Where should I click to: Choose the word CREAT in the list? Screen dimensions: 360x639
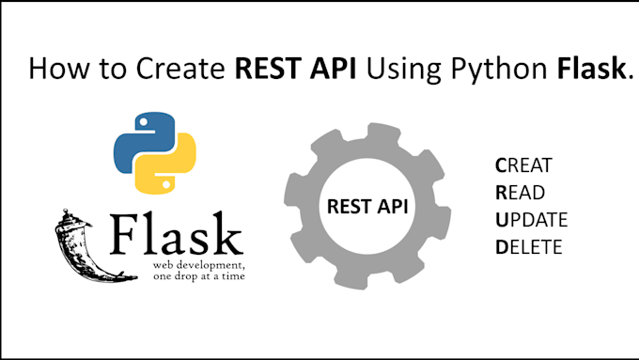coord(523,165)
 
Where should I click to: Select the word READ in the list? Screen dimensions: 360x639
coord(520,193)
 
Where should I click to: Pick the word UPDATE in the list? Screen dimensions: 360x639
coord(531,220)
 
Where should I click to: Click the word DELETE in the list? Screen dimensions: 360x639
coord(528,247)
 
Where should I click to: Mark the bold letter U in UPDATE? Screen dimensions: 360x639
coord(502,220)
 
